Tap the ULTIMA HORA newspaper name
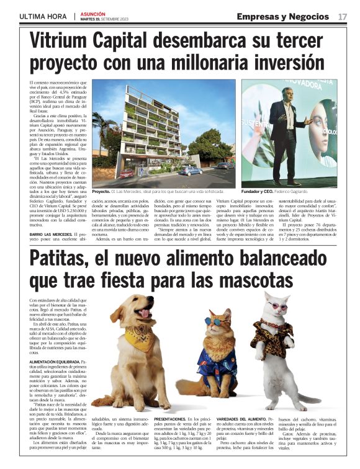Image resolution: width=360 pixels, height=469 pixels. click(43, 16)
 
